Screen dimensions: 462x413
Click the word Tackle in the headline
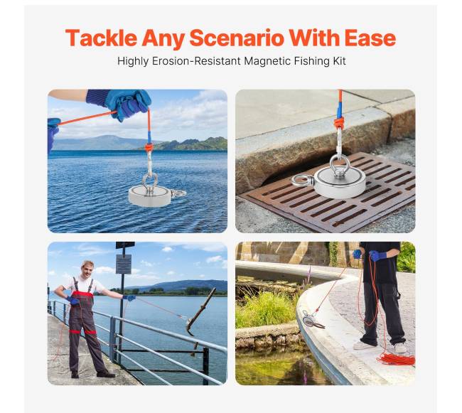tap(101, 38)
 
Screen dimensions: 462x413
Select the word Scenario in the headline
tap(237, 38)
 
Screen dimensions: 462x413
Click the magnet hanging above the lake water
tap(150, 195)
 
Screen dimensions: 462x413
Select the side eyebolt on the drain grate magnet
tap(301, 180)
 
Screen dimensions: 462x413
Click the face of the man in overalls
tap(87, 269)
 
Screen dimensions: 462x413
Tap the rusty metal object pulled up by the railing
tap(201, 311)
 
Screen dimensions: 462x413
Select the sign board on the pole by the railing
tap(124, 264)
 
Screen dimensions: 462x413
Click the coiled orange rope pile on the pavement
tap(397, 359)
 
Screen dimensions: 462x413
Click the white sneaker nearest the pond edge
tap(364, 345)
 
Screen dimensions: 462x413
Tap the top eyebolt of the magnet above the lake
tap(150, 181)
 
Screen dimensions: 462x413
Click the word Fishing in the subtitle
tap(312, 61)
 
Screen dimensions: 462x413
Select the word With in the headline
tap(314, 38)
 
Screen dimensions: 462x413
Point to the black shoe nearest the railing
tap(105, 374)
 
